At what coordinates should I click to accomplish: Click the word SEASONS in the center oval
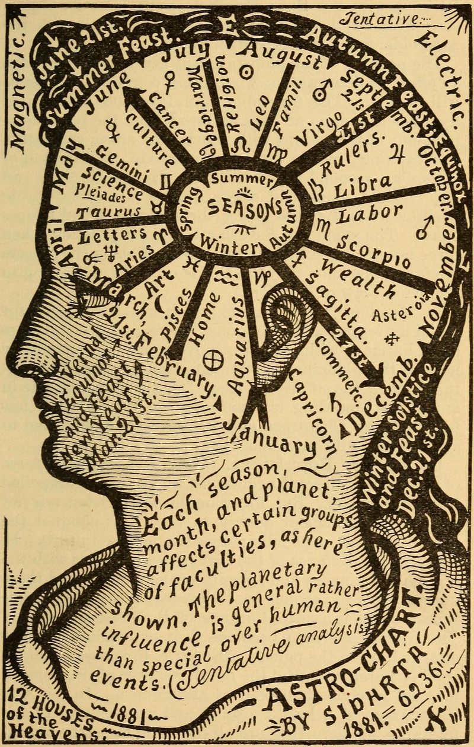(x=244, y=207)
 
